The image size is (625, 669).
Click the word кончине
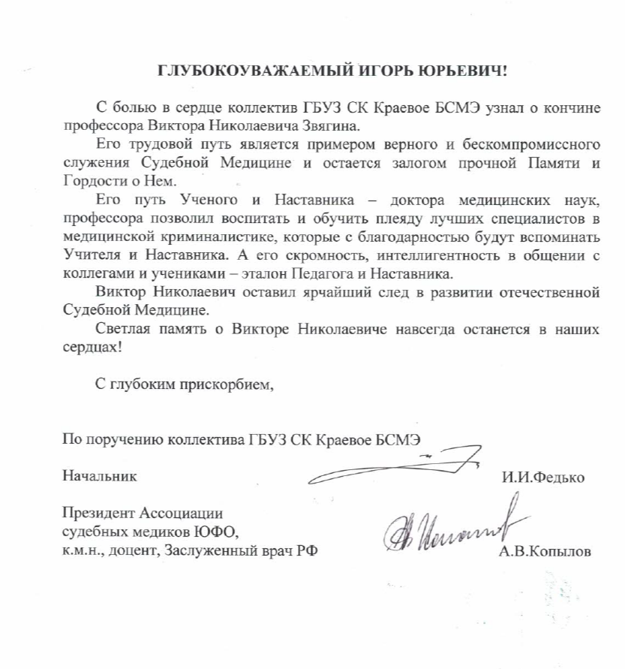pos(574,107)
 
